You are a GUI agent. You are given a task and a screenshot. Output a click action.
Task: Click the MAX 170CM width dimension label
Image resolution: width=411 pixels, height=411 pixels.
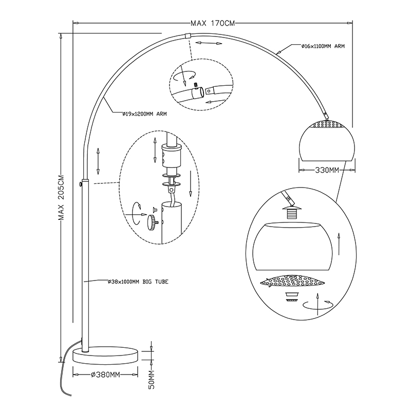coord(212,23)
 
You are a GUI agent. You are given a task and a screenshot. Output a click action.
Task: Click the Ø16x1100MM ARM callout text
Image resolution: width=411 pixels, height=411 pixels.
coord(323,46)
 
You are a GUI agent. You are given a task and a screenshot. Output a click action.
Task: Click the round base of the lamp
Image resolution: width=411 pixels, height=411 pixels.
coord(106,356)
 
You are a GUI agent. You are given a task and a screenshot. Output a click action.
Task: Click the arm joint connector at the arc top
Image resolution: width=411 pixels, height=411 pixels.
coord(188,36)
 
